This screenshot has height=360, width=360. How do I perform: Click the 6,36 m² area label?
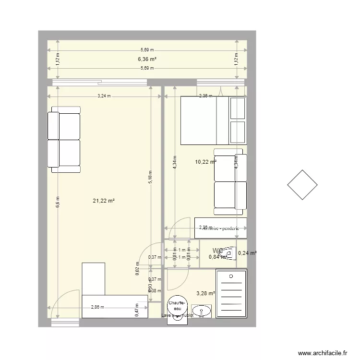pos(147,59)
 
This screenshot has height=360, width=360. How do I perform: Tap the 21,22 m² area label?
pos(103,201)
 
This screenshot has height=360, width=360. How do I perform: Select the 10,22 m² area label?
pos(205,162)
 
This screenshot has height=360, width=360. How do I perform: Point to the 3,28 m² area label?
pos(205,293)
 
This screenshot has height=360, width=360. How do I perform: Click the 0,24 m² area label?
pos(248,253)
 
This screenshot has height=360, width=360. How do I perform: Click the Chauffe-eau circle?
pos(177,308)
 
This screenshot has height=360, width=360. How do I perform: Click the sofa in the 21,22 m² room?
pos(64,140)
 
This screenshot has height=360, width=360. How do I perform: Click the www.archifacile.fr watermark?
pos(323,352)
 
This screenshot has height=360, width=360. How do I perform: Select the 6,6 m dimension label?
pos(57,202)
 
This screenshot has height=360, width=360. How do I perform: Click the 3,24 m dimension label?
pos(104,96)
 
